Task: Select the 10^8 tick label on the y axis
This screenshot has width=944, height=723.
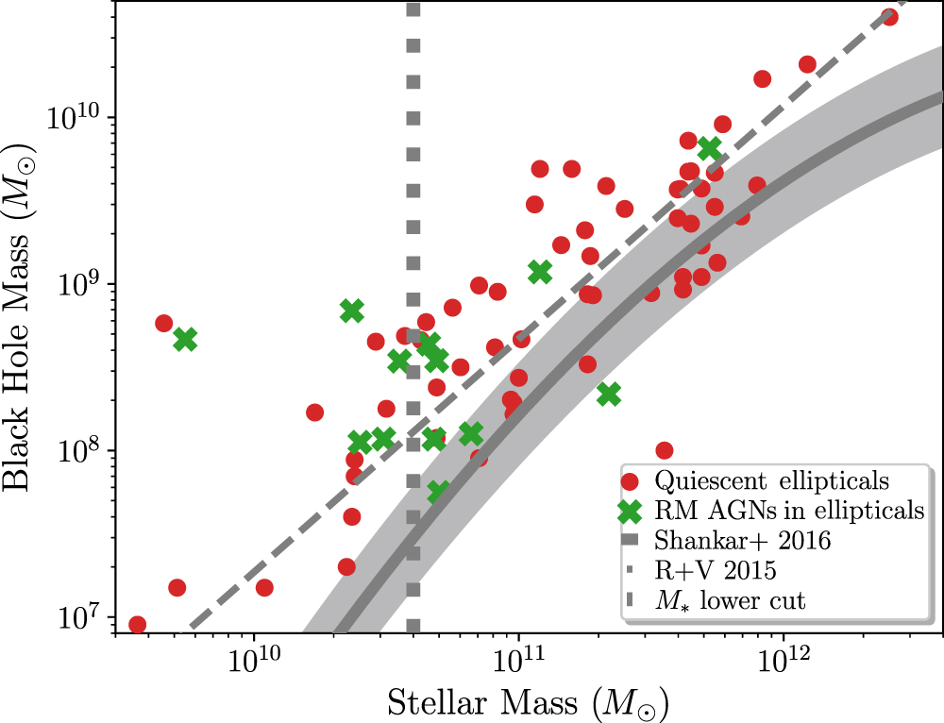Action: [x=83, y=449]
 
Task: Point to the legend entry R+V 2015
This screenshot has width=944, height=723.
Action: [x=716, y=571]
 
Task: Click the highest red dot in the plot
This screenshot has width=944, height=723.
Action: [x=888, y=17]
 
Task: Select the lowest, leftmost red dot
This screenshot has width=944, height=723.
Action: [x=137, y=624]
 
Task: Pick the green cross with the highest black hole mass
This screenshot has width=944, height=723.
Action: [x=709, y=148]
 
